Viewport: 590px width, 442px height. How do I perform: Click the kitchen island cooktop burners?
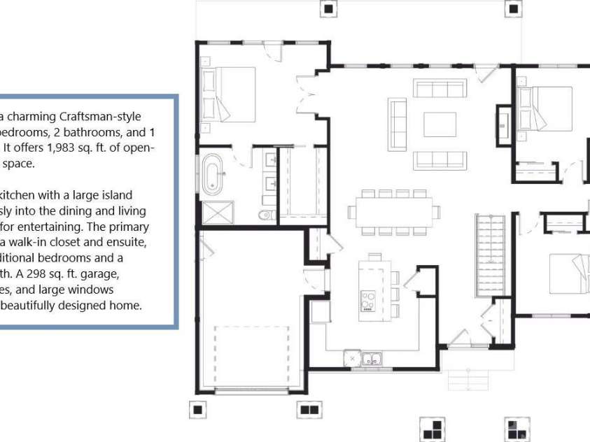(x=367, y=301)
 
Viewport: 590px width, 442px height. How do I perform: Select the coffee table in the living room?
(x=440, y=124)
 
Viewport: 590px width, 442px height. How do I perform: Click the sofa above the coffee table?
(x=440, y=89)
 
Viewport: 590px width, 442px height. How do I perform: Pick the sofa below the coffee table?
(x=440, y=160)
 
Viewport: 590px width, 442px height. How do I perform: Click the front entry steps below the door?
(x=467, y=378)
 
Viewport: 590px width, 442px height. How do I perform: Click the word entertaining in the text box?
(x=48, y=227)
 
